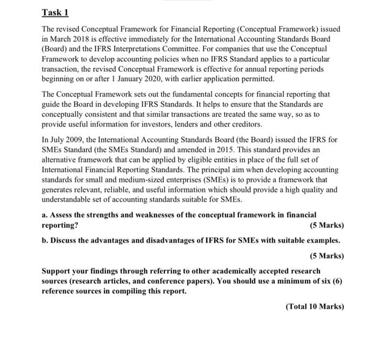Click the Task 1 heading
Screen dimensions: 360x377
coord(55,13)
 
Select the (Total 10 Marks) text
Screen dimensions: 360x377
coord(315,306)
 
